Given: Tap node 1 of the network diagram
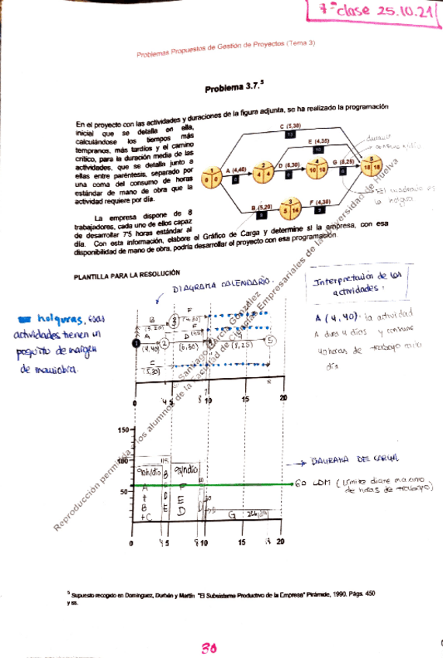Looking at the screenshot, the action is [x=211, y=178].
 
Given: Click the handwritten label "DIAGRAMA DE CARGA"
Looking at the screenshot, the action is [x=358, y=459].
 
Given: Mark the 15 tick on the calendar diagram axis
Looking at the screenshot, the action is [x=244, y=399].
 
